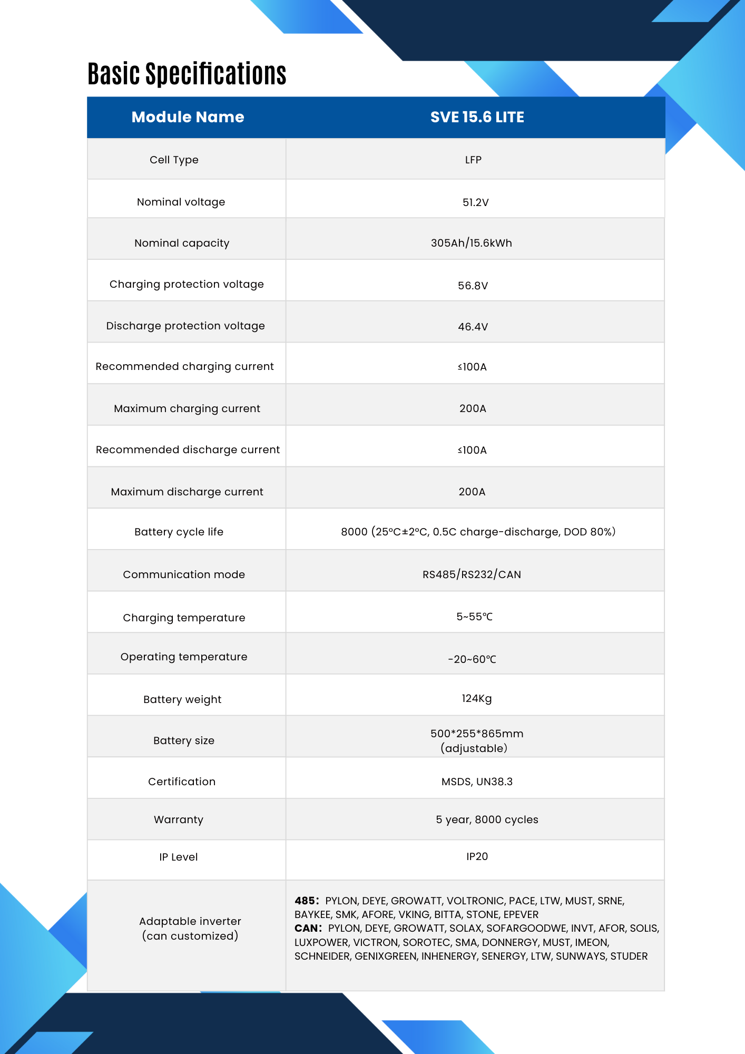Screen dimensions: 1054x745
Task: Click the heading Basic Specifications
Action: pos(187,74)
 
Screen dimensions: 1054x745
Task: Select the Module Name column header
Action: pos(188,117)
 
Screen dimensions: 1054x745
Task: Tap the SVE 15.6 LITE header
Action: pos(477,117)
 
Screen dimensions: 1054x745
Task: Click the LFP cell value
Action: pos(473,160)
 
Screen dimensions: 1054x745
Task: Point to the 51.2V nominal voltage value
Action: pos(475,202)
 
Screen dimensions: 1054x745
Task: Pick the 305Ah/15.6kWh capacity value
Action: pos(471,243)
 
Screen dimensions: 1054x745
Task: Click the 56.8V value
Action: pos(473,286)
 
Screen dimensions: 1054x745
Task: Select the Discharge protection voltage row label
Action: pos(185,326)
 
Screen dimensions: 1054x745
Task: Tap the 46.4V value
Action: pos(473,327)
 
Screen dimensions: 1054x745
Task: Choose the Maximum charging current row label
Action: pos(187,408)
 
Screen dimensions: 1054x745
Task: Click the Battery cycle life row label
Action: pos(179,532)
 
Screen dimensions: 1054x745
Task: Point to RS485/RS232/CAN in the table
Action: pos(472,574)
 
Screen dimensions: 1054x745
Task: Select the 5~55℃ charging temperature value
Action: pos(474,617)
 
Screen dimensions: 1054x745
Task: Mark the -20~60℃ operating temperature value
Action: pos(472,659)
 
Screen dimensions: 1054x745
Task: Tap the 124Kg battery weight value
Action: pos(476,698)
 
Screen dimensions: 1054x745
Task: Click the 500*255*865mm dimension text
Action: pos(476,734)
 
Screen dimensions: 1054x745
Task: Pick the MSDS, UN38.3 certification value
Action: pos(476,782)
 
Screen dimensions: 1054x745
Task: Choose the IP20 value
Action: pos(477,856)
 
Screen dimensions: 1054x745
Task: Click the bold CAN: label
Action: pos(308,928)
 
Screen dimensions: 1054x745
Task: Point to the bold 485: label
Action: pos(307,901)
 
